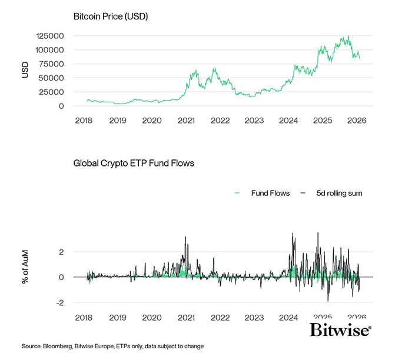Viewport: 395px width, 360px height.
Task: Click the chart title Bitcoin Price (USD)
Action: coord(110,16)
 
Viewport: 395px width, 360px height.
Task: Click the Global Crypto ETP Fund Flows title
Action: coord(134,163)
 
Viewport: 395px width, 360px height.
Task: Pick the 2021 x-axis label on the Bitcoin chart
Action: coord(186,120)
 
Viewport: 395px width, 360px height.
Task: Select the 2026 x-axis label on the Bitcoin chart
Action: coord(357,120)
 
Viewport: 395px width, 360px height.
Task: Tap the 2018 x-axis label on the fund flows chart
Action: coord(84,317)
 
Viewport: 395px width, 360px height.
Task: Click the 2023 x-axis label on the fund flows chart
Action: coord(254,317)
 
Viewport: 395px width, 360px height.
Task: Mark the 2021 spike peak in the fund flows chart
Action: coord(185,237)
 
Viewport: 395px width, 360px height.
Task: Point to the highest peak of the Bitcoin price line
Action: coord(348,36)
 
